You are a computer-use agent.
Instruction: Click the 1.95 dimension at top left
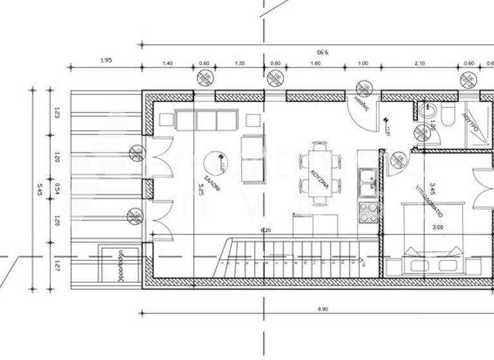(107, 61)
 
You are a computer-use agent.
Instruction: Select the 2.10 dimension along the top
(419, 63)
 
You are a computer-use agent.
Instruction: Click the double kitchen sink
(369, 182)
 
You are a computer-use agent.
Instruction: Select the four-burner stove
(369, 212)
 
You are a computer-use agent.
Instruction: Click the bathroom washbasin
(426, 112)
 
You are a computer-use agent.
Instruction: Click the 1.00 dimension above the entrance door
(363, 63)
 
